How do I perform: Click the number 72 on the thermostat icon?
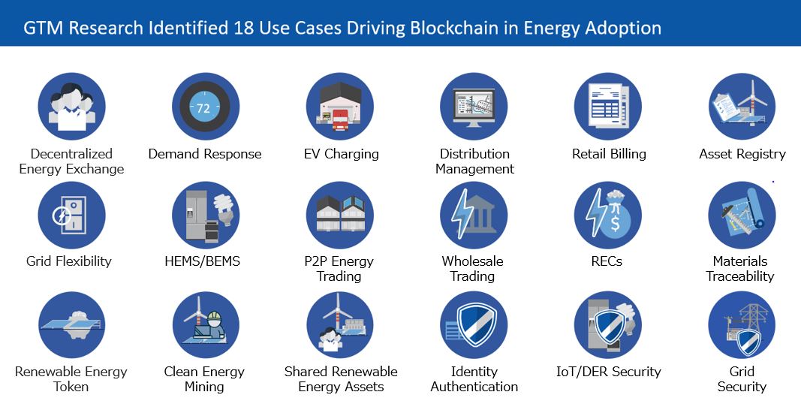[203, 108]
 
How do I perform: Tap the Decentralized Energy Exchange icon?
[71, 107]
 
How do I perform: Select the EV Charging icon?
[340, 107]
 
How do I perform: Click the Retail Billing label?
[609, 154]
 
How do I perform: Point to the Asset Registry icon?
[742, 107]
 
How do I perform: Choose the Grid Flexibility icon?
[71, 216]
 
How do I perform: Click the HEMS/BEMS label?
[202, 261]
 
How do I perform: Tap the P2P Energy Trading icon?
[340, 216]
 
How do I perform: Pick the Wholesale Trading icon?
[474, 216]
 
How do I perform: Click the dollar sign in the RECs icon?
[615, 223]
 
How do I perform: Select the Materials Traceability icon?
[742, 216]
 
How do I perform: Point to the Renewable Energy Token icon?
[71, 325]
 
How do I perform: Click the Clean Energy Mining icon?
[206, 325]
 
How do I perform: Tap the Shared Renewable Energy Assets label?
[341, 378]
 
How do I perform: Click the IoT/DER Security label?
[608, 372]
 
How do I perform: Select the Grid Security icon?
[742, 325]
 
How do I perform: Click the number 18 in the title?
[243, 28]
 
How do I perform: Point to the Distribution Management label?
[474, 161]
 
